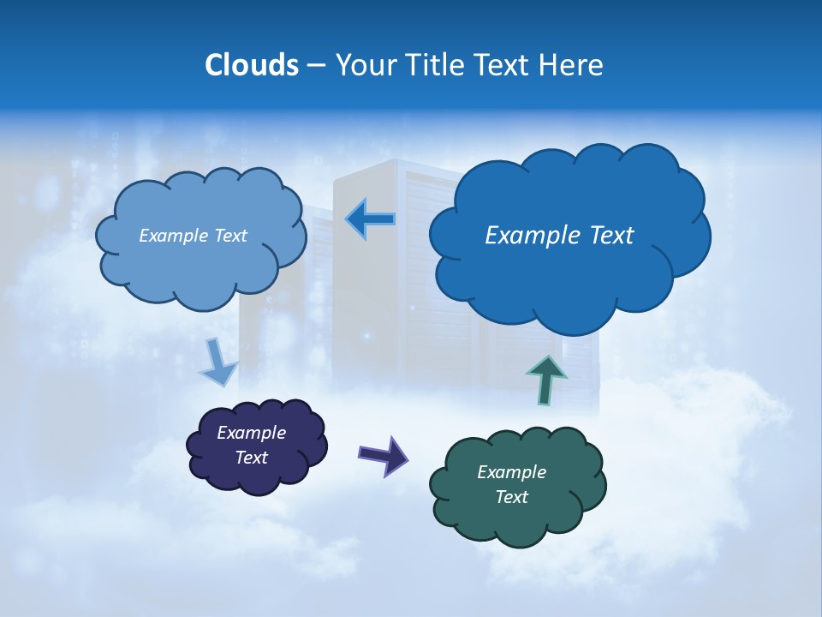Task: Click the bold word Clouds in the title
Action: tap(252, 65)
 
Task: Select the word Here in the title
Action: tap(573, 65)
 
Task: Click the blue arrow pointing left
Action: tap(371, 219)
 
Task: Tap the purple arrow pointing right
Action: tap(384, 455)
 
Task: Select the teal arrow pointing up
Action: tap(546, 380)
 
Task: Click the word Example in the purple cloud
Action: tap(251, 433)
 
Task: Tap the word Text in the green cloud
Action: tap(511, 497)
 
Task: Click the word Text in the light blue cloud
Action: tap(229, 235)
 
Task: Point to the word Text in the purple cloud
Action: tap(252, 458)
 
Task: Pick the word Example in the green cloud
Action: tap(511, 472)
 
